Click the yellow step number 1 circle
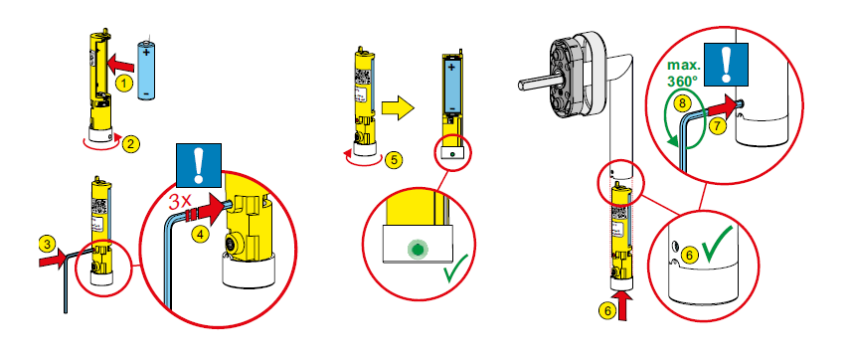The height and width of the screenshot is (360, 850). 124,83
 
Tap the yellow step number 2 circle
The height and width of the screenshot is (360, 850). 130,144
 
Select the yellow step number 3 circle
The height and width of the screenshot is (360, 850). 47,245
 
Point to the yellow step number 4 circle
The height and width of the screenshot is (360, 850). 201,235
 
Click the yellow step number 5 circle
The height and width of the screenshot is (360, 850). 393,159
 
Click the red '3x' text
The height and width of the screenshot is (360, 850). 182,202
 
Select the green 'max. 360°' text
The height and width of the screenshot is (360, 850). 683,74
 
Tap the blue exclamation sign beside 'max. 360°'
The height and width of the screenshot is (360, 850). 726,65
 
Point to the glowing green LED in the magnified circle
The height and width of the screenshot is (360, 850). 417,250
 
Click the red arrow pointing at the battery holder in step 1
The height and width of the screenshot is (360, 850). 120,63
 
